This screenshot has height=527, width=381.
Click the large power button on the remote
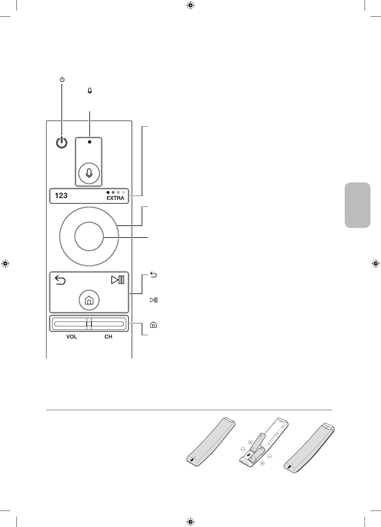pyautogui.click(x=62, y=143)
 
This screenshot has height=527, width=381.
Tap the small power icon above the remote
pyautogui.click(x=62, y=80)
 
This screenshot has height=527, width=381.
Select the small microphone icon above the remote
pyautogui.click(x=90, y=91)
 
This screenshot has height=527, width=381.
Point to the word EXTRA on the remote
pyautogui.click(x=115, y=198)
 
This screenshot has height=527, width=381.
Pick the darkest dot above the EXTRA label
pyautogui.click(x=108, y=192)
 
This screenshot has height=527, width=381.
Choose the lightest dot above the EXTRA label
pyautogui.click(x=123, y=192)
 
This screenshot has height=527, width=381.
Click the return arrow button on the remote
pyautogui.click(x=60, y=280)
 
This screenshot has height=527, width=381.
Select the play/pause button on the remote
pyautogui.click(x=118, y=280)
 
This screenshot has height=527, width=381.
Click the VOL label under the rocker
pyautogui.click(x=72, y=337)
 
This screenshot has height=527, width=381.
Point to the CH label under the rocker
pyautogui.click(x=108, y=337)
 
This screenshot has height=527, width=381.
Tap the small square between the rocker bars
pyautogui.click(x=89, y=324)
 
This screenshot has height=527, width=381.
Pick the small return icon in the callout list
pyautogui.click(x=153, y=275)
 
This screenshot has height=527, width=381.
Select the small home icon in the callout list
pyautogui.click(x=153, y=325)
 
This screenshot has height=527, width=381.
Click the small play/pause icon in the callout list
pyautogui.click(x=154, y=300)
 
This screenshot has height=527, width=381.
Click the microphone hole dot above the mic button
pyautogui.click(x=90, y=142)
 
